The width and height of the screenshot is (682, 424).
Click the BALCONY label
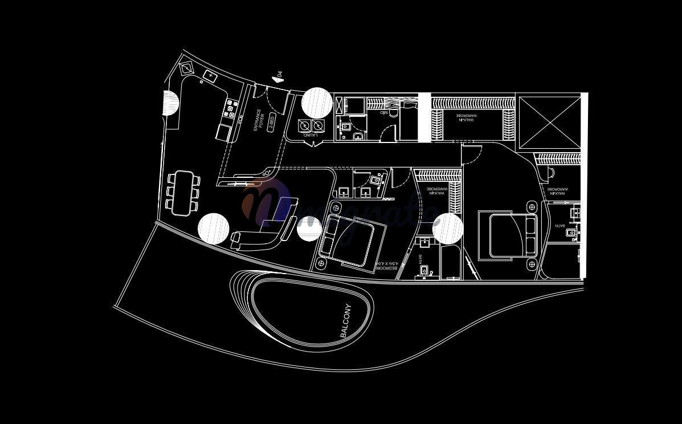[346, 321]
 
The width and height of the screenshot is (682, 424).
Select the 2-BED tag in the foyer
[271, 122]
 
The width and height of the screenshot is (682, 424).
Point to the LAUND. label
[309, 136]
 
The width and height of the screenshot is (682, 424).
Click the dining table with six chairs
[183, 193]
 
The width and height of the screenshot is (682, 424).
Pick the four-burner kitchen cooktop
[231, 108]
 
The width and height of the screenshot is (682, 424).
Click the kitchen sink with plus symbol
[210, 76]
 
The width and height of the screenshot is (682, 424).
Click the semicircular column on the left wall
[170, 103]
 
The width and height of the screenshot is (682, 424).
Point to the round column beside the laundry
[317, 103]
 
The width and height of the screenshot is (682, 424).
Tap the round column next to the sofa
[214, 229]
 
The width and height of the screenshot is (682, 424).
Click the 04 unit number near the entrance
[279, 74]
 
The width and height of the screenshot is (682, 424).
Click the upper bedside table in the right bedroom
[532, 207]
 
